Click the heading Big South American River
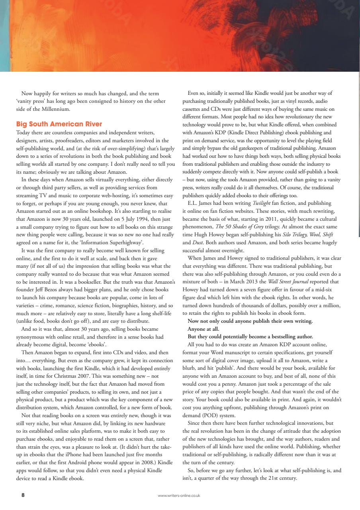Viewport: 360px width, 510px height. (59, 124)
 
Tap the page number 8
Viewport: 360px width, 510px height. (23, 495)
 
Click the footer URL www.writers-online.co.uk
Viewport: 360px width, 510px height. (179, 496)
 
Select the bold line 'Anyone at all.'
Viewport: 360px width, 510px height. (203, 329)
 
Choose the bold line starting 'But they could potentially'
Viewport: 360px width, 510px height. (250, 337)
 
